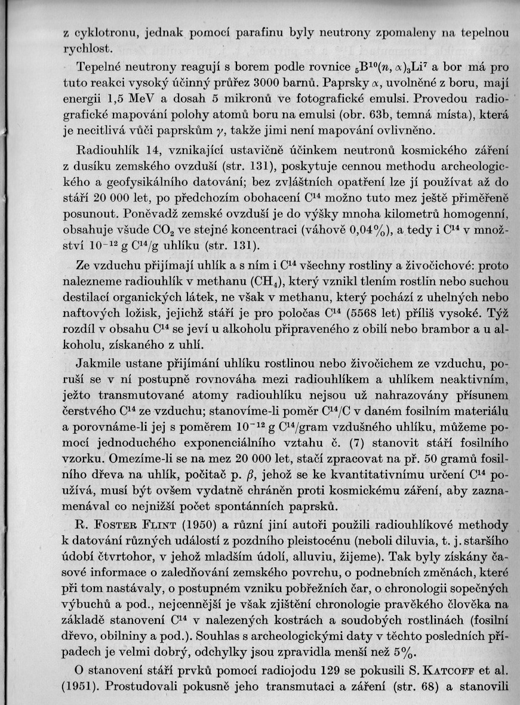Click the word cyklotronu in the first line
click(104, 33)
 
